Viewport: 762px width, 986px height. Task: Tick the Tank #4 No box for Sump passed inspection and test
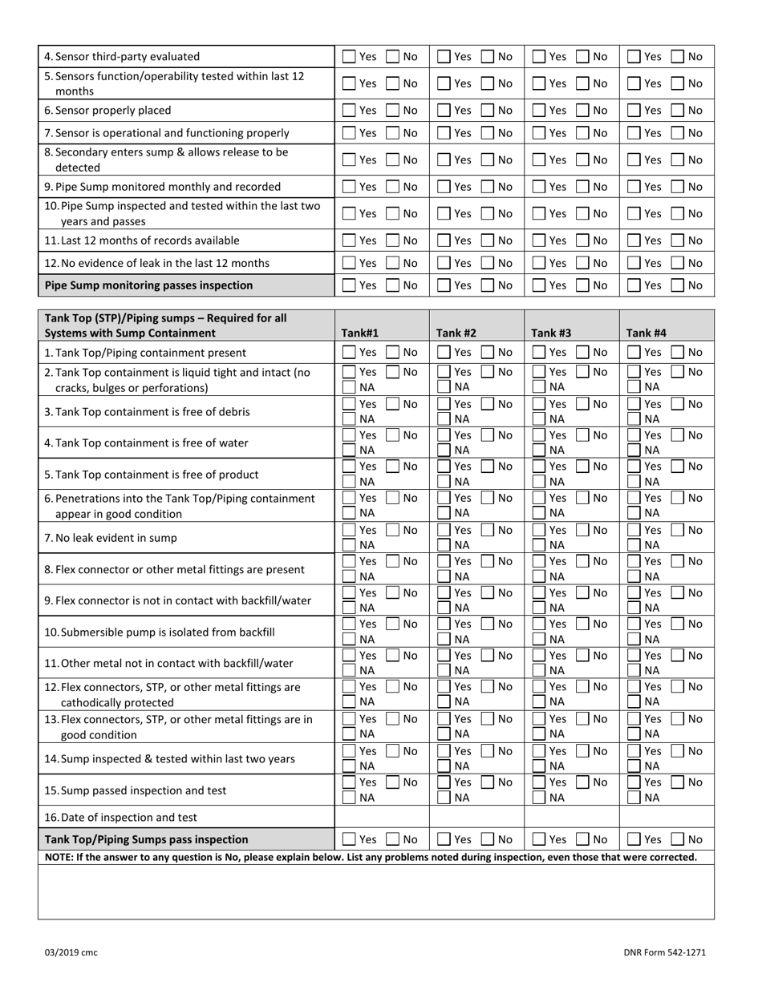click(x=679, y=782)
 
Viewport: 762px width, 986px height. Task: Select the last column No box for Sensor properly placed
click(x=679, y=111)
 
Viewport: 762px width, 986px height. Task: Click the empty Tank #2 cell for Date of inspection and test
click(x=476, y=818)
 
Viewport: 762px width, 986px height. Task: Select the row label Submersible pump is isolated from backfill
click(x=159, y=632)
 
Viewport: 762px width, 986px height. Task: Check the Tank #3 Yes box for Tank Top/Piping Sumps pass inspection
click(x=539, y=839)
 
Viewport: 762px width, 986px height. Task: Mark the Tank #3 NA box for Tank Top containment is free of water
click(x=539, y=451)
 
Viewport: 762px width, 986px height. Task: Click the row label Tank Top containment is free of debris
click(x=147, y=411)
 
